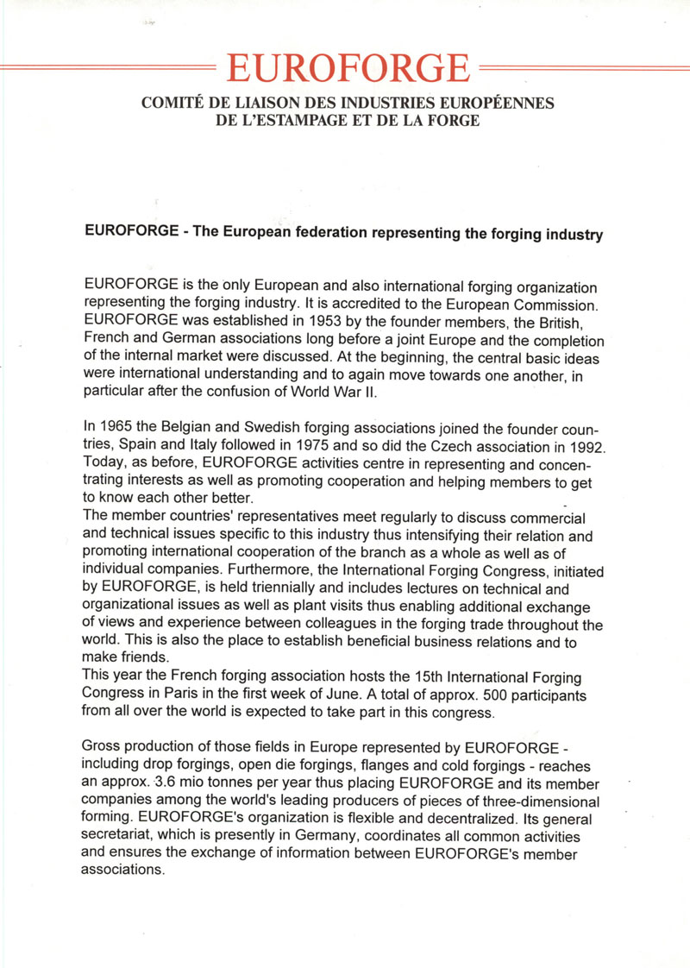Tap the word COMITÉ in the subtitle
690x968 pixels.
[169, 104]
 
